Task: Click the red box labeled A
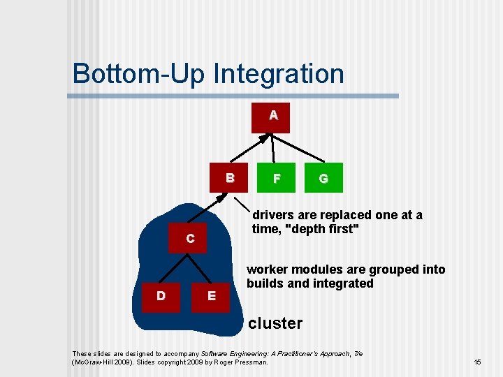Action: pyautogui.click(x=273, y=115)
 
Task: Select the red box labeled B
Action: pyautogui.click(x=229, y=178)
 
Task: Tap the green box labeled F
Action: pyautogui.click(x=277, y=179)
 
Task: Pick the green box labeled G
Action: pyautogui.click(x=323, y=179)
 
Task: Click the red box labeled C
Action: pyautogui.click(x=190, y=239)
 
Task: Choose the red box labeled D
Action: pyautogui.click(x=161, y=296)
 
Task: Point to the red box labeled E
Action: pyautogui.click(x=212, y=296)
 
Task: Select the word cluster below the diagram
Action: pyautogui.click(x=275, y=323)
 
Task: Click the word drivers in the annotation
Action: pyautogui.click(x=275, y=215)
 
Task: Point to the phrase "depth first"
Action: pyautogui.click(x=322, y=229)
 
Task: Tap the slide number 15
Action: pyautogui.click(x=477, y=362)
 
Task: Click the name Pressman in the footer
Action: pyautogui.click(x=250, y=362)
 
